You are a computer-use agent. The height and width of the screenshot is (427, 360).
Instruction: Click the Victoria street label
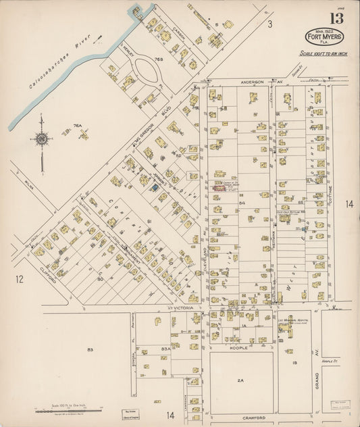184,307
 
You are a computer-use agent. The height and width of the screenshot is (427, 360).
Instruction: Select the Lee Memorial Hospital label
291,320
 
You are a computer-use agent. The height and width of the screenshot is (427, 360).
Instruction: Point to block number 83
89,349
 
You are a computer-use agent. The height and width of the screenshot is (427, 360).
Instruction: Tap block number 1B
294,363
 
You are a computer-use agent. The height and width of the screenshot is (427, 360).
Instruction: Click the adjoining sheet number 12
20,278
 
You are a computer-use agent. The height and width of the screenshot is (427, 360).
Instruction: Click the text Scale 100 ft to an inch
323,53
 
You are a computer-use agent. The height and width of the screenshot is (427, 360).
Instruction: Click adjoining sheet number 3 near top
268,24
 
